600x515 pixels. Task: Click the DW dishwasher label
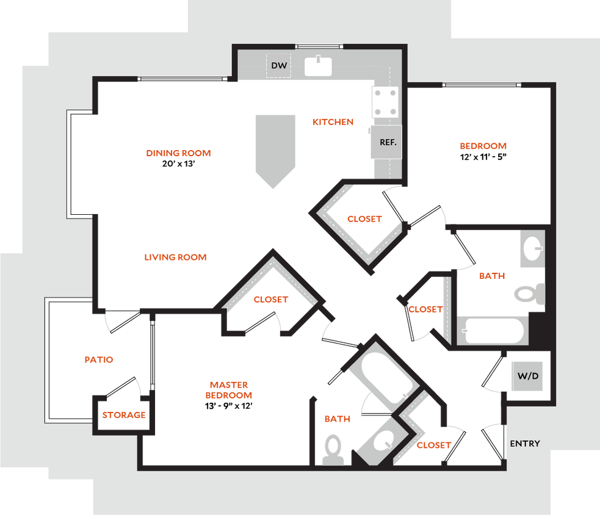point(278,66)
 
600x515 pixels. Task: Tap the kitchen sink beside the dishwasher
point(318,67)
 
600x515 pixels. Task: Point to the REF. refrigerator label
point(388,142)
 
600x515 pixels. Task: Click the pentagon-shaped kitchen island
point(275,149)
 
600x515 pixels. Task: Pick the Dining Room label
point(178,153)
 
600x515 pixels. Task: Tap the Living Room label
point(175,257)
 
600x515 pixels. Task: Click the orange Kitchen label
point(333,122)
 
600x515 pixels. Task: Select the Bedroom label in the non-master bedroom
point(483,146)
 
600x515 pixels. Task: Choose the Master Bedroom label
point(229,390)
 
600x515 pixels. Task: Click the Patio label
point(99,360)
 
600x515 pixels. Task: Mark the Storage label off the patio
point(123,416)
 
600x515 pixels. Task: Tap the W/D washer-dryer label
point(528,376)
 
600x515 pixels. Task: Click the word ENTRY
point(525,444)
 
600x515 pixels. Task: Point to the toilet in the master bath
point(333,450)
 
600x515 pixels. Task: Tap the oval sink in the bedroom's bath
point(532,248)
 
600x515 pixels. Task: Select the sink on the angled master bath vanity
point(384,439)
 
